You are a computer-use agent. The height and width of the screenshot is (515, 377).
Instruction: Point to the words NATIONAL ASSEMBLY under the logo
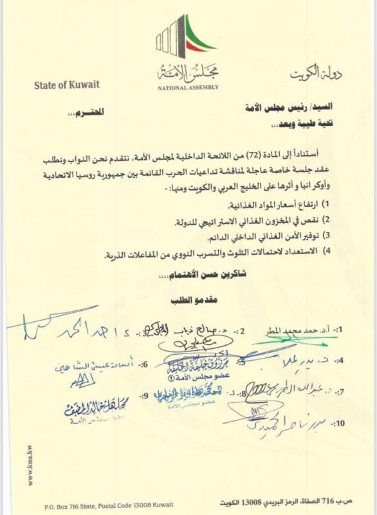188,87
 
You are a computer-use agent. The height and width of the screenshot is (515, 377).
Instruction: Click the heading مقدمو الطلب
187,301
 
